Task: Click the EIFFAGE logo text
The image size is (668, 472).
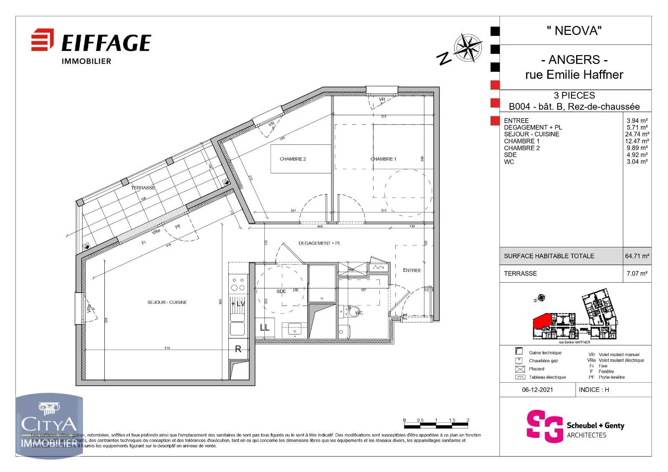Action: (x=106, y=43)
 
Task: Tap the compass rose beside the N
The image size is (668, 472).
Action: (x=468, y=47)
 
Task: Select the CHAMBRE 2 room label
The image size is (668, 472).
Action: (x=293, y=159)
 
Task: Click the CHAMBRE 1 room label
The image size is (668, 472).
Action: (x=383, y=159)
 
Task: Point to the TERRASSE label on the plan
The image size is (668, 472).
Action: (x=143, y=188)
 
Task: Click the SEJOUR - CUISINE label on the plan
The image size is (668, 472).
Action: (x=167, y=302)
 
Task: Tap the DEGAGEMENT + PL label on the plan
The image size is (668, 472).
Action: (x=319, y=243)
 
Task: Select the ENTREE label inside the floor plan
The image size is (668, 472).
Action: (x=412, y=270)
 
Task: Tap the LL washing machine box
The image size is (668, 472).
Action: (x=265, y=328)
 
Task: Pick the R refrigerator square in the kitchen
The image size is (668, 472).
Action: (x=238, y=349)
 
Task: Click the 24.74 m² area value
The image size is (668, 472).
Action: (x=637, y=134)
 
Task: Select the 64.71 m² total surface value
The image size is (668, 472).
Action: (x=637, y=256)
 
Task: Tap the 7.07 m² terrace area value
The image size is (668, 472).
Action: (x=637, y=274)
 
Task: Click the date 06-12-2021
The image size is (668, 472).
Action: (x=537, y=390)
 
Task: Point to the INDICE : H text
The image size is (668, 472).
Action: (x=594, y=390)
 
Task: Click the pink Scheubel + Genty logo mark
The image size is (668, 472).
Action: (x=544, y=426)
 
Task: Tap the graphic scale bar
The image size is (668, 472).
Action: (x=436, y=426)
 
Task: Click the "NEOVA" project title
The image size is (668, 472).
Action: (x=574, y=30)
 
